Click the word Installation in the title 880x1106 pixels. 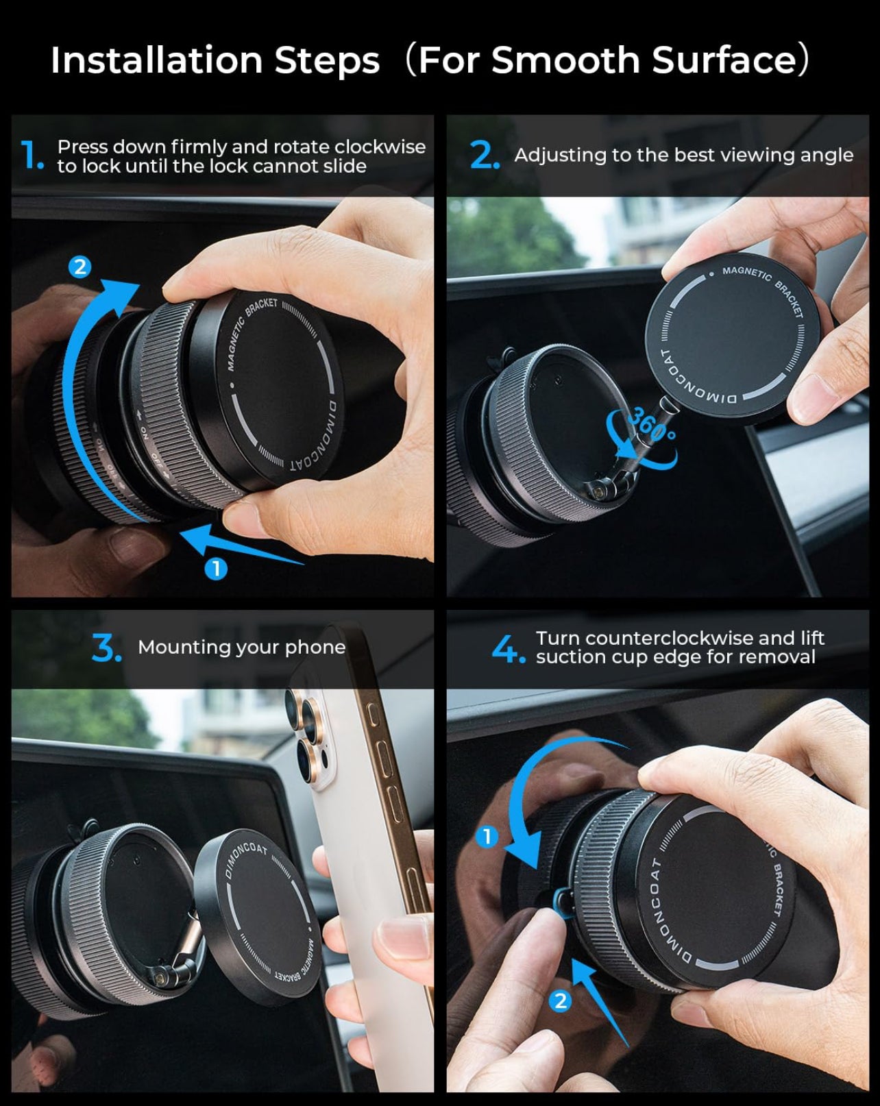click(x=157, y=60)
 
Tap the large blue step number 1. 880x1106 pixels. click(x=32, y=156)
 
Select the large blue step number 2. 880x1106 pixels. click(x=484, y=156)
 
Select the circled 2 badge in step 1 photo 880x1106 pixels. click(x=80, y=267)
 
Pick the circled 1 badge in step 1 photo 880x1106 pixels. click(x=216, y=568)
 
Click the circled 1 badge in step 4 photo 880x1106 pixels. click(x=487, y=836)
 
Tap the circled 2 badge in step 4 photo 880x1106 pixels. click(x=560, y=1001)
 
